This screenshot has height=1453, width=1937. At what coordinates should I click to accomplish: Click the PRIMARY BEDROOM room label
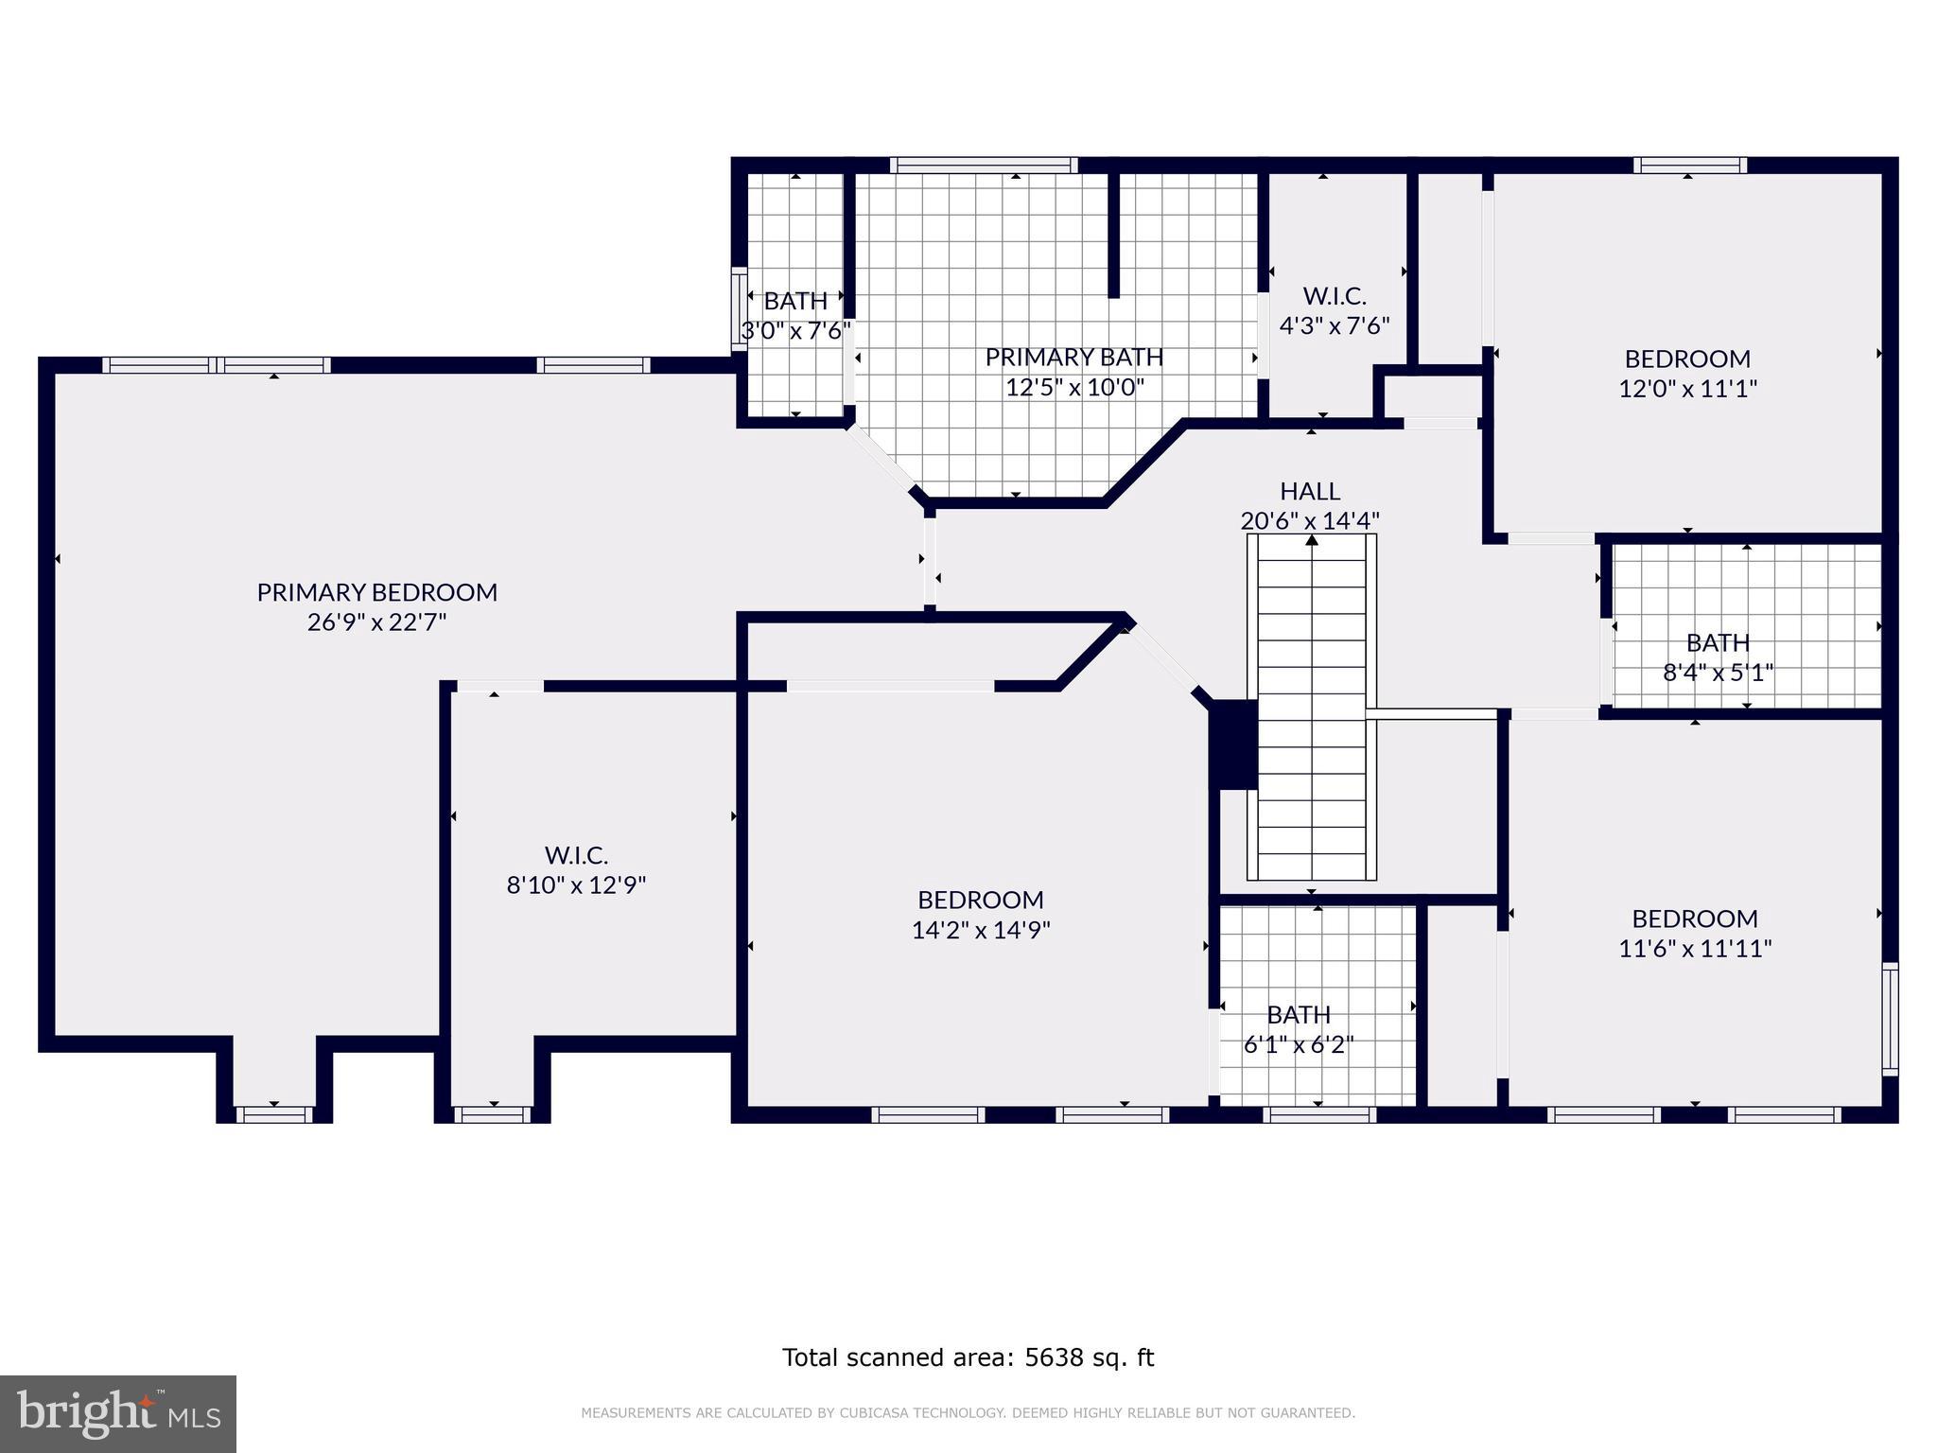click(x=376, y=592)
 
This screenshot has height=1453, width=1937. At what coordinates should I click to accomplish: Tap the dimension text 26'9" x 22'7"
click(x=376, y=622)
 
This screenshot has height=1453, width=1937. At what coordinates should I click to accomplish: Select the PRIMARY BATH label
click(x=1074, y=357)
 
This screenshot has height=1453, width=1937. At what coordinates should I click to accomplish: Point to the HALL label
click(x=1310, y=491)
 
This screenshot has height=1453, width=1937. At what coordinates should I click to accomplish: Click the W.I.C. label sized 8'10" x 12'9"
click(x=576, y=855)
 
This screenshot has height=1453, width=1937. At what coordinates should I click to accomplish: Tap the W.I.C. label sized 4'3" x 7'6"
click(x=1335, y=296)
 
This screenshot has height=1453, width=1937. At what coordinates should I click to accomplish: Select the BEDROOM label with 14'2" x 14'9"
click(x=981, y=900)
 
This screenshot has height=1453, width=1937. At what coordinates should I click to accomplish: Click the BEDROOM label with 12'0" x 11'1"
click(x=1687, y=359)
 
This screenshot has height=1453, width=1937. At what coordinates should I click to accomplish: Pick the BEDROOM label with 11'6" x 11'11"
click(x=1694, y=919)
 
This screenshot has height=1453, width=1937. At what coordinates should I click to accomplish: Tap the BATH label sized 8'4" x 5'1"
click(x=1718, y=642)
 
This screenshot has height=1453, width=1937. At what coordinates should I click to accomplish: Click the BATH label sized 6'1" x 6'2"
click(x=1298, y=1015)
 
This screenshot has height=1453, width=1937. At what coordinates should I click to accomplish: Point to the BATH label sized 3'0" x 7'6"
click(x=795, y=301)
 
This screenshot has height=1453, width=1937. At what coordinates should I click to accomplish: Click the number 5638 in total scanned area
click(x=1053, y=1357)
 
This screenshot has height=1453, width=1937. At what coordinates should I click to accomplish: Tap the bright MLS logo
click(x=117, y=1413)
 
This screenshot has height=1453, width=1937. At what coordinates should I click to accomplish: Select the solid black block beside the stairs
click(x=1232, y=744)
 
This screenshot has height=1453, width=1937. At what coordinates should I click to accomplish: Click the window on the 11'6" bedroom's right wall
click(x=1889, y=1019)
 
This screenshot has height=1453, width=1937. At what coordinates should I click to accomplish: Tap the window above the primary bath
click(x=984, y=166)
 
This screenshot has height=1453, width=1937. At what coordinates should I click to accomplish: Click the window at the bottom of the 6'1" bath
click(x=1318, y=1115)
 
